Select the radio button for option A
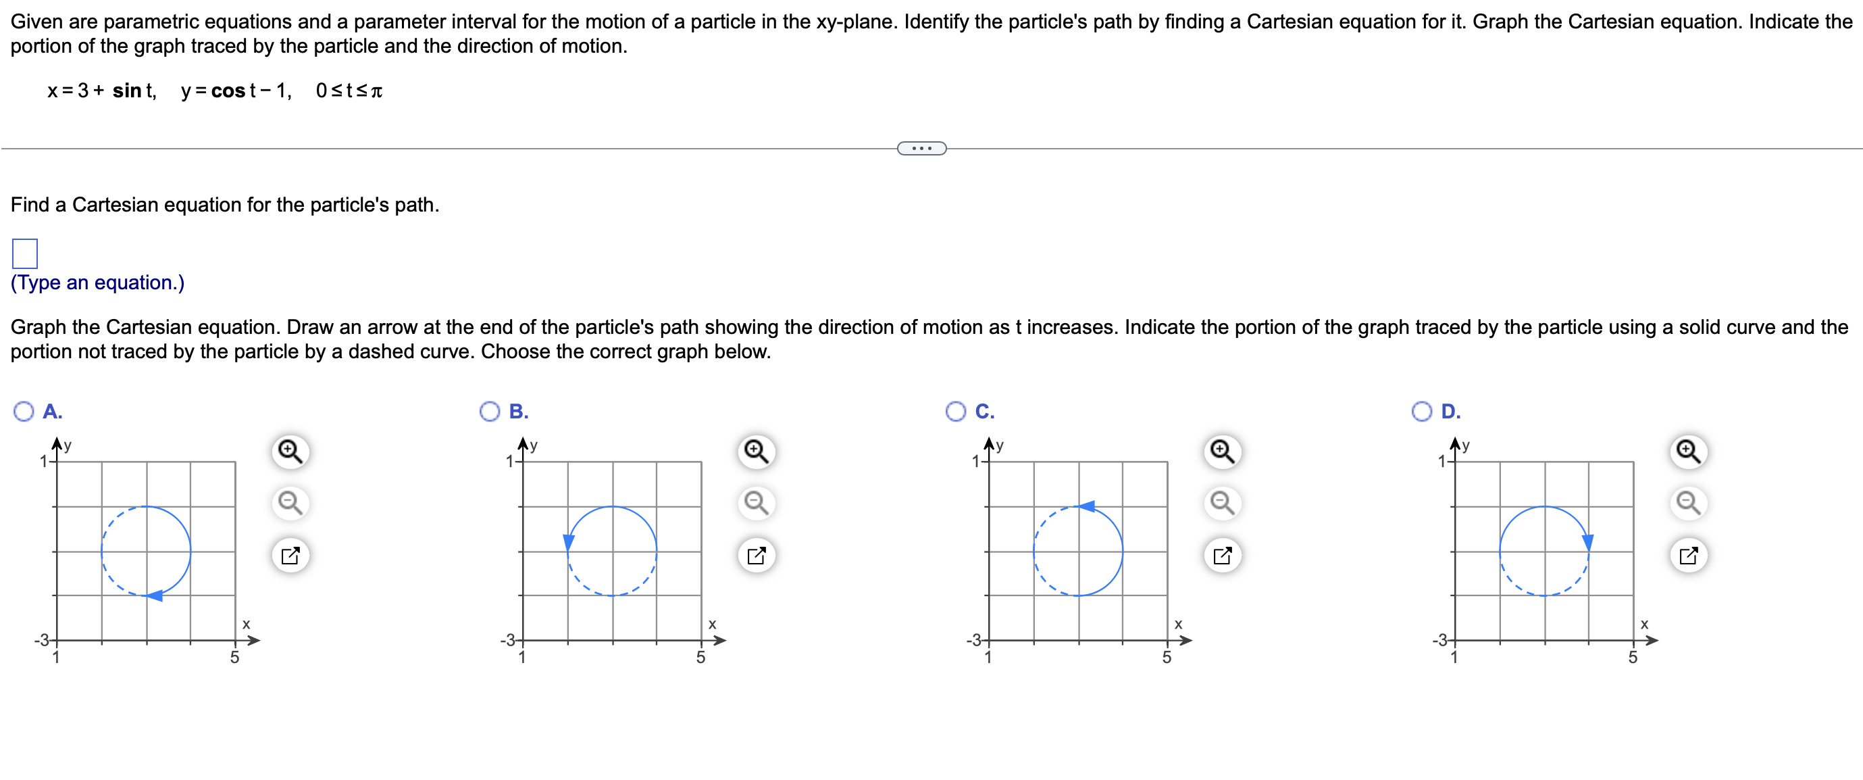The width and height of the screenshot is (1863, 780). [24, 412]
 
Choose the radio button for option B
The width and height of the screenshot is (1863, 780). [490, 412]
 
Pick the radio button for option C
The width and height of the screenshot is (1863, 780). [955, 412]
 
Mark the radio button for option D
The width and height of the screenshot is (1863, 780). [1421, 412]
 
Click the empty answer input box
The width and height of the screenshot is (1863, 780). [24, 253]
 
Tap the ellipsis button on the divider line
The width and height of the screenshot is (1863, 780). [921, 148]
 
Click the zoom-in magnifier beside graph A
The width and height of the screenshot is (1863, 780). [290, 452]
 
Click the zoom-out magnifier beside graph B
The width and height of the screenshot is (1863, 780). [757, 502]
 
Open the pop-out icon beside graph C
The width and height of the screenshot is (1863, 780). [1222, 556]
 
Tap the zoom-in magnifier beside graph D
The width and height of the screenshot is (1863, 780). [1688, 452]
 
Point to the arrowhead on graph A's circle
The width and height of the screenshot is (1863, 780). [154, 595]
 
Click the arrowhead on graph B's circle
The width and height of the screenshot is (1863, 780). [569, 542]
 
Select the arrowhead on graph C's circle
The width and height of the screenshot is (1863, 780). [1086, 506]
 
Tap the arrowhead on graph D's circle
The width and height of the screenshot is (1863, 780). [1588, 542]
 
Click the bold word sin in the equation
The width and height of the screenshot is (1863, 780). [126, 91]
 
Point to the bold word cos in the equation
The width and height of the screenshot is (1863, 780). [228, 91]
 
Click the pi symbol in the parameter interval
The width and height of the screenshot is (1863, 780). [376, 91]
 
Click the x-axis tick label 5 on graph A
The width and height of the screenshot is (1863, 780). [234, 658]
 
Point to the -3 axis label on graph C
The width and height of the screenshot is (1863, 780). [974, 640]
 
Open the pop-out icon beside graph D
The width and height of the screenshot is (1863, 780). [1688, 556]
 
